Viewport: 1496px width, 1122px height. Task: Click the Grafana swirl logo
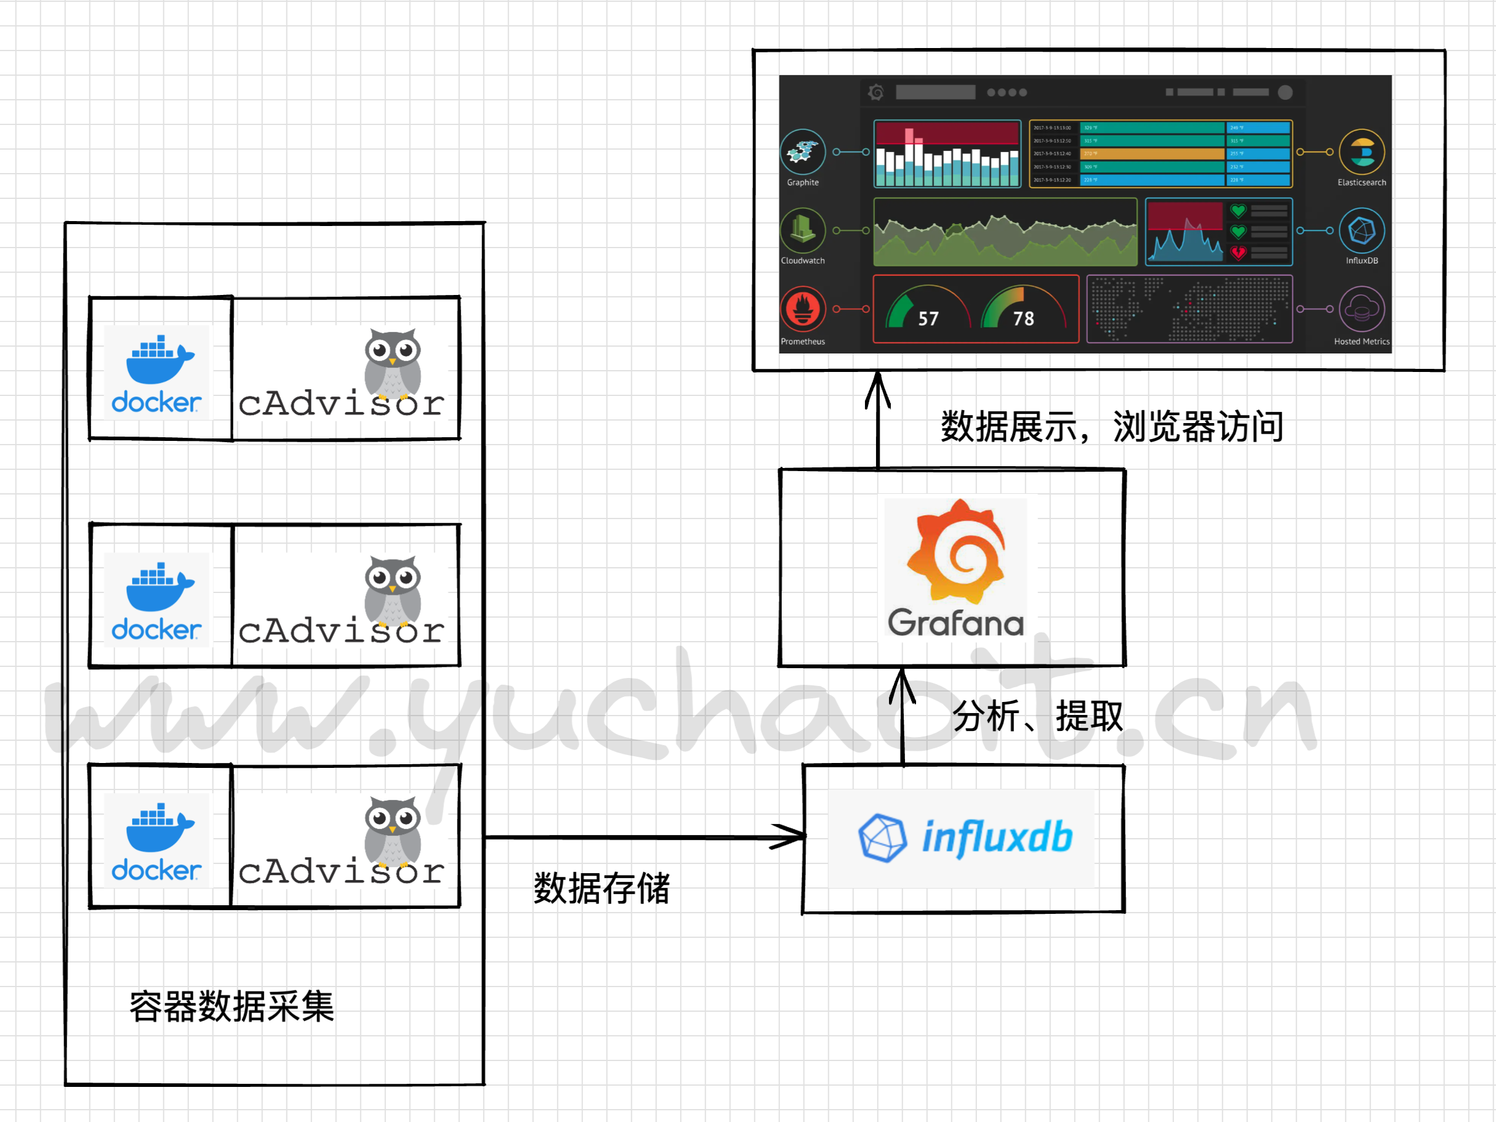coord(955,551)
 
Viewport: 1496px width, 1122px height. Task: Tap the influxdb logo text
coord(997,837)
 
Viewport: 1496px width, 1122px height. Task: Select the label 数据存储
coord(601,888)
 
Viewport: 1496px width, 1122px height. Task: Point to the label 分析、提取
coord(1037,716)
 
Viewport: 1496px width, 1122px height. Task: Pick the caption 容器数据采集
coord(231,1006)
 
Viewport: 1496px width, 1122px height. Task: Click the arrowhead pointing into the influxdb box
coord(791,837)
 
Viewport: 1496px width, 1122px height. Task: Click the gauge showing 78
coord(1023,310)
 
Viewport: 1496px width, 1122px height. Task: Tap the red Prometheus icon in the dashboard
coord(803,309)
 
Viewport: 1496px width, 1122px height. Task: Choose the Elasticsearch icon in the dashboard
coord(1361,152)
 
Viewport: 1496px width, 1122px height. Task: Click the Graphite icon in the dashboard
coord(803,152)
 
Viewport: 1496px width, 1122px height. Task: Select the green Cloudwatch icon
coord(803,230)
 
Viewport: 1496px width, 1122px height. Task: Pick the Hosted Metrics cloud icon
coord(1361,309)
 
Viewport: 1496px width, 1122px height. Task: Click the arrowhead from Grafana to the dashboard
coord(878,389)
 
